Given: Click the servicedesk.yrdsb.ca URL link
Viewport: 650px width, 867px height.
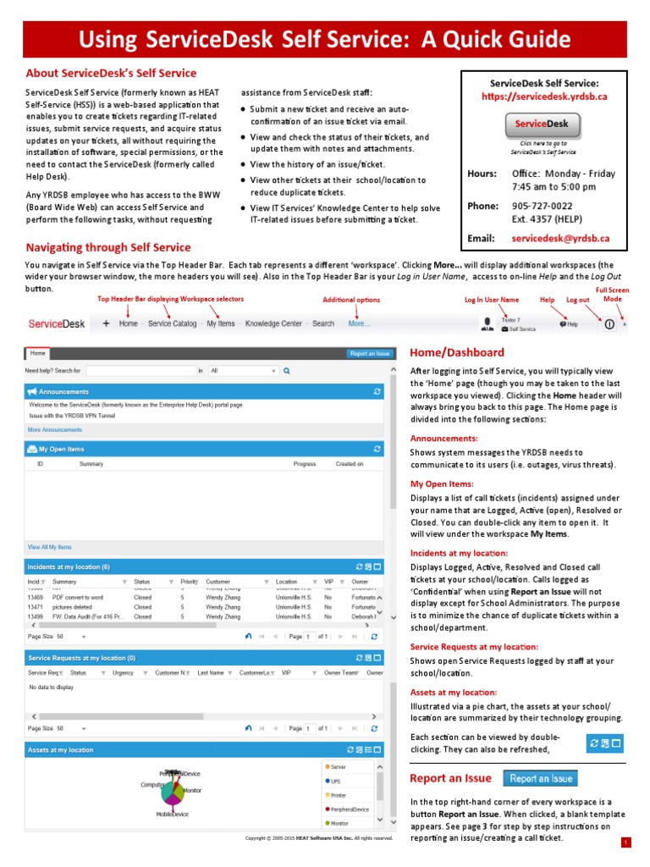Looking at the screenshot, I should point(545,97).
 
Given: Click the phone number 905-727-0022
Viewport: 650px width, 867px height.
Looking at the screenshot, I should point(542,206).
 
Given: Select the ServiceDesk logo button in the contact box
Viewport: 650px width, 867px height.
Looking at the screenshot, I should point(543,124).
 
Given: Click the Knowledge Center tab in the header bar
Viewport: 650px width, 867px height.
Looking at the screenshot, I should point(273,323).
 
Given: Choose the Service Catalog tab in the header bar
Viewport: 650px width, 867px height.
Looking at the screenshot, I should point(172,323).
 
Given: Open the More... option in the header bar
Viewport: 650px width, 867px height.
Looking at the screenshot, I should point(359,323).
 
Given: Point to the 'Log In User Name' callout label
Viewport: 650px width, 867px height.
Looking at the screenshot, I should point(491,300).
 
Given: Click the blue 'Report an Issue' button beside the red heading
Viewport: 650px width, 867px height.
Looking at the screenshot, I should point(541,779).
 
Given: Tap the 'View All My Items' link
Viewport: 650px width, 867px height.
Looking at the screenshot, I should point(50,547).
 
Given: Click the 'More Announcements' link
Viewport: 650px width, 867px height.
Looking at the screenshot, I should point(55,429).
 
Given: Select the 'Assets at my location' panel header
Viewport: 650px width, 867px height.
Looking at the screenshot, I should point(61,750).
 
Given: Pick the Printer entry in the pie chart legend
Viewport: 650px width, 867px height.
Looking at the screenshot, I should point(339,795).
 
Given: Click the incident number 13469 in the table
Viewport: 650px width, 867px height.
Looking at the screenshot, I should point(36,597).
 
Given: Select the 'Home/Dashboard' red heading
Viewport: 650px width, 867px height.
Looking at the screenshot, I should point(456,352).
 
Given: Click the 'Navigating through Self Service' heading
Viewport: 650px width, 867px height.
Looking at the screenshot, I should point(108,247).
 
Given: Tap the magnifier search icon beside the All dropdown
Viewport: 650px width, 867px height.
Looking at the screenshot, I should point(287,371).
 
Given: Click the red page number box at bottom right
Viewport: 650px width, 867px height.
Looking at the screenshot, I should point(625,842).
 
